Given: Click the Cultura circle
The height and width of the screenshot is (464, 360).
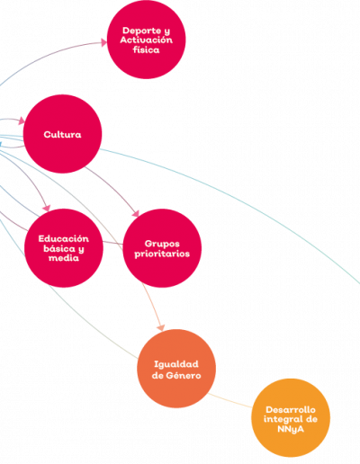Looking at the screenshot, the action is tap(62, 134).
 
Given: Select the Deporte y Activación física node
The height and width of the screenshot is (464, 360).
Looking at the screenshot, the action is tap(146, 40).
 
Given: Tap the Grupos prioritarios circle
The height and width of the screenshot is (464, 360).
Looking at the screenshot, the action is tap(162, 248).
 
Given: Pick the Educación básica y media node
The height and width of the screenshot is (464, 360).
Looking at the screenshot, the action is tap(64, 248).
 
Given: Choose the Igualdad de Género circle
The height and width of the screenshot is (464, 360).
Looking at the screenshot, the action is tap(176, 369).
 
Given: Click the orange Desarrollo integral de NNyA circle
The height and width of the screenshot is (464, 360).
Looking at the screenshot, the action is tap(291, 418).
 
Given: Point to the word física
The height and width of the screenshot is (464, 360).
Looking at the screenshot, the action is tap(146, 49).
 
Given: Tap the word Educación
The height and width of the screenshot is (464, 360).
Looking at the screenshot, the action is tap(64, 238).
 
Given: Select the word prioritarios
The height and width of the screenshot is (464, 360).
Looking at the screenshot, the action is tap(162, 254).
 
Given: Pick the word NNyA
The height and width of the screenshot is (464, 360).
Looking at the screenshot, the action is tap(291, 429).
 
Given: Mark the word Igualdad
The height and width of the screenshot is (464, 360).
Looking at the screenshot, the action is tap(176, 364).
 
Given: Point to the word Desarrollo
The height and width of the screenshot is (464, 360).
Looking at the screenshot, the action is tap(291, 409).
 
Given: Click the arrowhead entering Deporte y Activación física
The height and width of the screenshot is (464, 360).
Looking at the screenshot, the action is tap(103, 42).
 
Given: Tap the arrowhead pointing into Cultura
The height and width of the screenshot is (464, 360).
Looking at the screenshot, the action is tap(22, 121).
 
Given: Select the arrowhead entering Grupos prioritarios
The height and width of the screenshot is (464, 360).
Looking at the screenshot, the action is tap(136, 213).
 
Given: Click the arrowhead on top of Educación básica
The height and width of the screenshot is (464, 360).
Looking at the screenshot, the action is tap(47, 208).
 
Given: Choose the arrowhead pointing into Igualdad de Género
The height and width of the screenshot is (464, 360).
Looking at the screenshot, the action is tap(161, 327).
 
